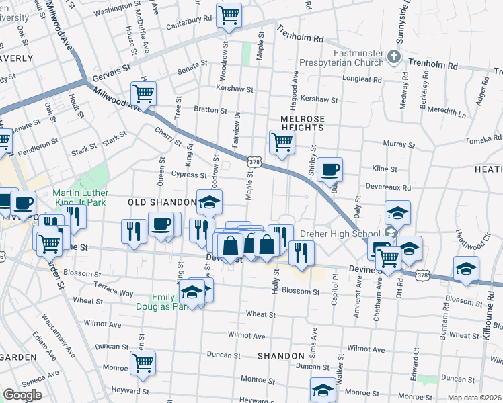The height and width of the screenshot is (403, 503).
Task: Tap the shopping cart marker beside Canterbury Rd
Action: coord(229,15)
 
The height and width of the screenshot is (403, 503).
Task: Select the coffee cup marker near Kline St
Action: coord(330,170)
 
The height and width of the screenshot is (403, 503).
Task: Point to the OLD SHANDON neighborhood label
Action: coord(156,202)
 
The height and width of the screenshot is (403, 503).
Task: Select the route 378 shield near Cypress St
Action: coord(254,162)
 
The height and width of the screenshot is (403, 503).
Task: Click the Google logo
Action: coord(22,395)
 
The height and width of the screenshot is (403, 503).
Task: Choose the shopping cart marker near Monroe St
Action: coord(143,363)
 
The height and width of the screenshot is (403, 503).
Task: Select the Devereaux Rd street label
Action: coord(388,185)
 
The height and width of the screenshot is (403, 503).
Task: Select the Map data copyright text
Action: coord(474,398)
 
